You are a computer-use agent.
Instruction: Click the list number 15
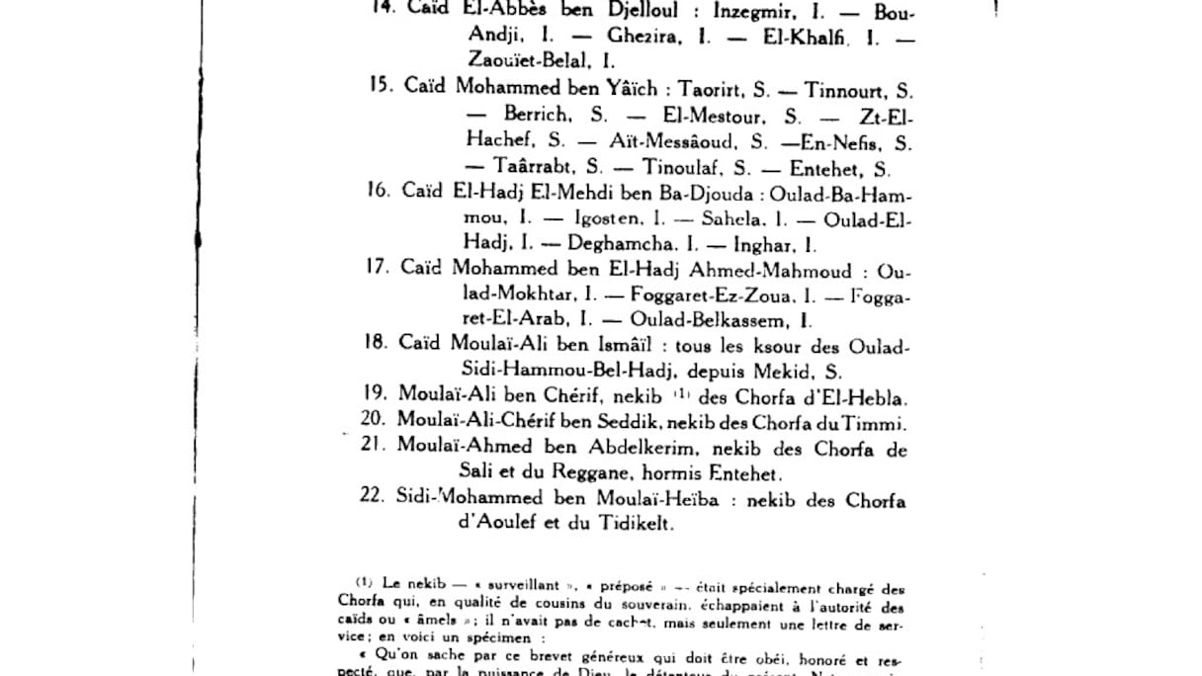pyautogui.click(x=381, y=86)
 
